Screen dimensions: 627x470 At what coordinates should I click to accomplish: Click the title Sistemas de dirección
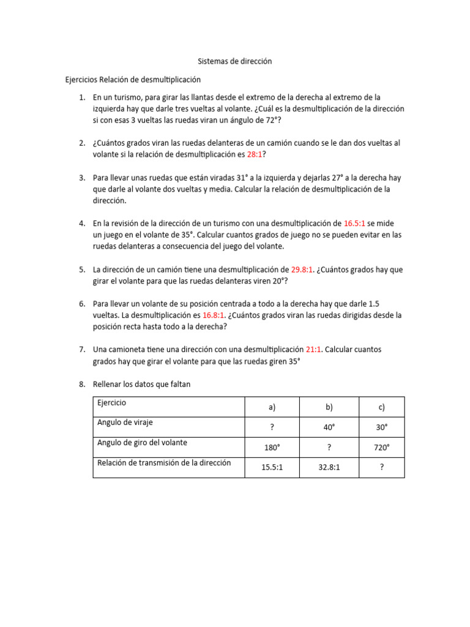234,62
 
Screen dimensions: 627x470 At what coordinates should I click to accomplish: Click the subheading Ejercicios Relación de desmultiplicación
133,80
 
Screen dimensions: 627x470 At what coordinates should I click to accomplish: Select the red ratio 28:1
254,155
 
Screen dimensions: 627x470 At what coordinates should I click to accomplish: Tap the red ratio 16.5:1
354,223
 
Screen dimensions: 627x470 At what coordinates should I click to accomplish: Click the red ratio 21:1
313,350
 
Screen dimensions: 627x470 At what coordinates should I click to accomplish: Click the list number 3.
81,178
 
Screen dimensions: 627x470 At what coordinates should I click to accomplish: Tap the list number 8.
81,384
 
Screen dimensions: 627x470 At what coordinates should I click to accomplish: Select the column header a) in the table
272,407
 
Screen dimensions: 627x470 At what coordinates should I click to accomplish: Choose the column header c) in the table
381,407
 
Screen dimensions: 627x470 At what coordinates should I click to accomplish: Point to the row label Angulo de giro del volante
142,443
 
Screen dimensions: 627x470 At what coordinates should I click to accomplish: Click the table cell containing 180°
272,448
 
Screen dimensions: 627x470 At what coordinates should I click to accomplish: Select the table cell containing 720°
381,448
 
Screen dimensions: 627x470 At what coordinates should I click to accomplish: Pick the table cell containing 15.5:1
272,467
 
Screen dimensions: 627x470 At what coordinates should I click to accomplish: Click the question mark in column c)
381,467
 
